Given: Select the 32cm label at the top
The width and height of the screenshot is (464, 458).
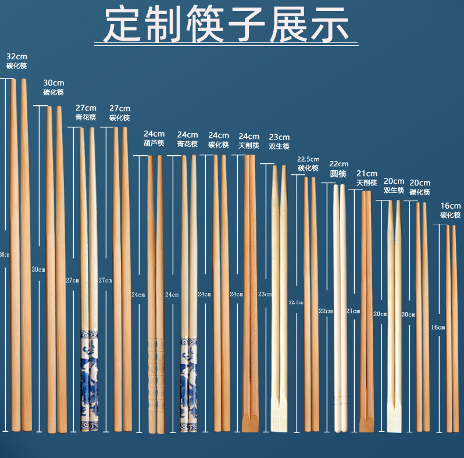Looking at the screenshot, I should tap(16, 56).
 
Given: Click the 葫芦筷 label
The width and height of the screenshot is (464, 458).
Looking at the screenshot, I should tap(154, 144).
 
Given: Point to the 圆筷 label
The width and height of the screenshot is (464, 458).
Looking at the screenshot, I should tap(338, 174).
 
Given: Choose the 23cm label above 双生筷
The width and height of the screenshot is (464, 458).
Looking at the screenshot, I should tap(279, 137).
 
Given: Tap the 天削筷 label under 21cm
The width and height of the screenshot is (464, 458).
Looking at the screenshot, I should tap(367, 183).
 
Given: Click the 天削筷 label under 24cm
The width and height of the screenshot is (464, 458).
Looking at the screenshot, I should tap(248, 145).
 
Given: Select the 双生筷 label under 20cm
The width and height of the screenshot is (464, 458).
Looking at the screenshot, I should tap(394, 190).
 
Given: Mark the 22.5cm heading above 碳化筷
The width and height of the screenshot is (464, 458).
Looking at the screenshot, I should tap(308, 159).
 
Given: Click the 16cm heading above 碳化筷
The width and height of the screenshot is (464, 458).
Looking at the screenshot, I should tap(450, 206).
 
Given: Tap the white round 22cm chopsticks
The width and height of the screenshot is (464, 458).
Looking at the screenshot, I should tap(339, 302).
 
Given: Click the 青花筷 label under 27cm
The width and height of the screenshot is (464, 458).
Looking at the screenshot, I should tap(85, 117).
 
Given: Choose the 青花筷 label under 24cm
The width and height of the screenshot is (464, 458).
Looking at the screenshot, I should tap(187, 144).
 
